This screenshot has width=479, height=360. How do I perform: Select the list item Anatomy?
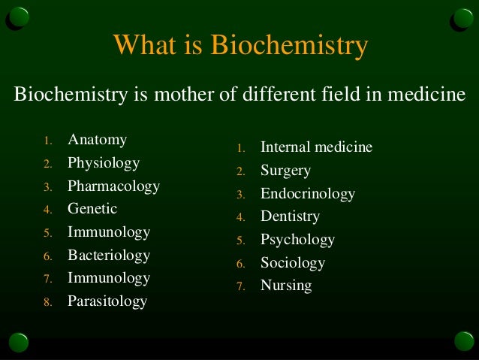pyautogui.click(x=97, y=140)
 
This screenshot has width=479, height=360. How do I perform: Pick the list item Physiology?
pyautogui.click(x=104, y=162)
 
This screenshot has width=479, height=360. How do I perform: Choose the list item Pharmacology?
pyautogui.click(x=113, y=186)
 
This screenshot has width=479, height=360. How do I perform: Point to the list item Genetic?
pyautogui.click(x=92, y=208)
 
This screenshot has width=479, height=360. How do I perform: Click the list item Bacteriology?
pyautogui.click(x=109, y=255)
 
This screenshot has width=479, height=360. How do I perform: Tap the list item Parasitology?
pyautogui.click(x=107, y=301)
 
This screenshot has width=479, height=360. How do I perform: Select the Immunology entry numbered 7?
pyautogui.click(x=109, y=278)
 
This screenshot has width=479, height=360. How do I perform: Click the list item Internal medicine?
pyautogui.click(x=316, y=147)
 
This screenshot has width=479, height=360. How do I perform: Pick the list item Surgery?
pyautogui.click(x=285, y=171)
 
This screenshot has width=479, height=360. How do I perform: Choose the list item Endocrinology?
pyautogui.click(x=307, y=194)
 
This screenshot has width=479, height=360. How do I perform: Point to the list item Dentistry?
pyautogui.click(x=290, y=216)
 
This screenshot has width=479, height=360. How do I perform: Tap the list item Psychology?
pyautogui.click(x=297, y=240)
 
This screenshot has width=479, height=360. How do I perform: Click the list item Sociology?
pyautogui.click(x=292, y=263)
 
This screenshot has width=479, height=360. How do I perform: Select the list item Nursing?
pyautogui.click(x=285, y=286)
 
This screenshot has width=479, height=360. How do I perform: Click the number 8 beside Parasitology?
pyautogui.click(x=47, y=303)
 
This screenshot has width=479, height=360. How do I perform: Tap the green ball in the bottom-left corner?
pyautogui.click(x=18, y=343)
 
